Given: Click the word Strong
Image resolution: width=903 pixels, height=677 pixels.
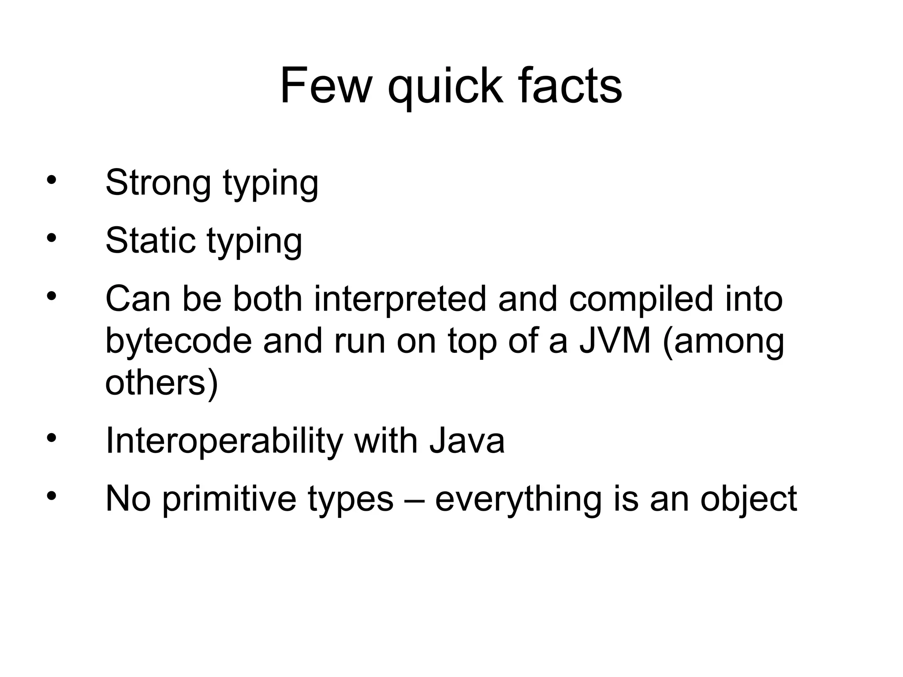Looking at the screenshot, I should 158,183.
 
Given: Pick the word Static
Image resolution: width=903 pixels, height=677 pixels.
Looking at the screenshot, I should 150,241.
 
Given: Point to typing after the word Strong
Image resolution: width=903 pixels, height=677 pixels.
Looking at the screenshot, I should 271,185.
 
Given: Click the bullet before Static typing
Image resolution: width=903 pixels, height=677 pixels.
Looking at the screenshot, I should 52,238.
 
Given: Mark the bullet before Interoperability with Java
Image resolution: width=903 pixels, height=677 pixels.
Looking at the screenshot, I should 52,438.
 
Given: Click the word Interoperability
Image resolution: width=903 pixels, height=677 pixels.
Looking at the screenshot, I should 224,441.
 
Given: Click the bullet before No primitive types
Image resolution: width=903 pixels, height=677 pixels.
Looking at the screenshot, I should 52,496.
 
